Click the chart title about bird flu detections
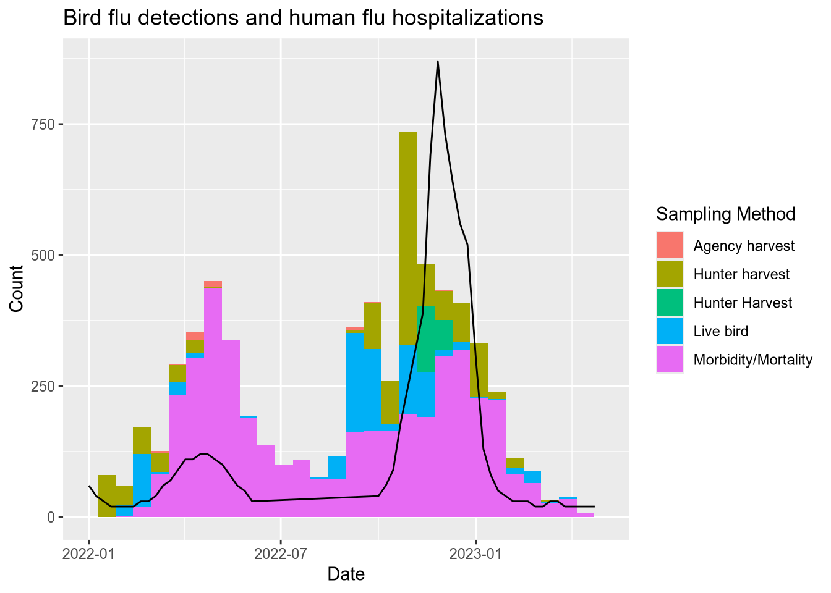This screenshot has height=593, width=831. [303, 18]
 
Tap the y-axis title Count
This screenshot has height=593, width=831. [17, 288]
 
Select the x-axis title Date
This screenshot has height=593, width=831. [346, 574]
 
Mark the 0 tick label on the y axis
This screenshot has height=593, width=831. [51, 517]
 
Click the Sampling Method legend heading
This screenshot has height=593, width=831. [725, 214]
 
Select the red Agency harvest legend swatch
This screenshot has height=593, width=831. [670, 246]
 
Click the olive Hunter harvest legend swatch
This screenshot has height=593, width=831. [670, 274]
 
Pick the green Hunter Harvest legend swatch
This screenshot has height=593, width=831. [670, 303]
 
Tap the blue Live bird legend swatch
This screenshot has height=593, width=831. [670, 331]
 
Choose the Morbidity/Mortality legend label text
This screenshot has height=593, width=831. [752, 360]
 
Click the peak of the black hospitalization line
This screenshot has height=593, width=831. [438, 62]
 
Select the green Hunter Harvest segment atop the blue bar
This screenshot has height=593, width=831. [425, 339]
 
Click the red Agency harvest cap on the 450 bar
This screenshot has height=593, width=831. [213, 284]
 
